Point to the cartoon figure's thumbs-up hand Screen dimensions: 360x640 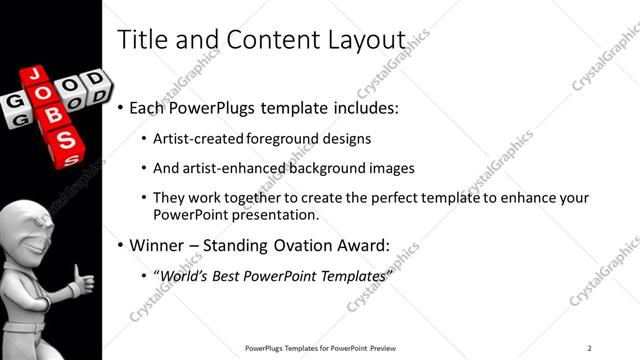pos(82,281)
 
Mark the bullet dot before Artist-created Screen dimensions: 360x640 pos(143,139)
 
